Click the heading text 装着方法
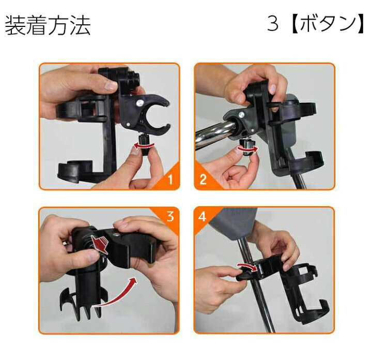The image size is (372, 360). (x=48, y=25)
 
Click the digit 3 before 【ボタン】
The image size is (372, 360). (x=273, y=24)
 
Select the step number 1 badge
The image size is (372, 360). (x=171, y=179)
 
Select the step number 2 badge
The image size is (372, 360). (x=203, y=179)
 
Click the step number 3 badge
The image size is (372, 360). (x=171, y=216)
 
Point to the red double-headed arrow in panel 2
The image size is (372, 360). (x=247, y=149)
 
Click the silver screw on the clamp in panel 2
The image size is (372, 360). (x=241, y=115)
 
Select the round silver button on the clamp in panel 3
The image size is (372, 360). (x=116, y=234)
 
